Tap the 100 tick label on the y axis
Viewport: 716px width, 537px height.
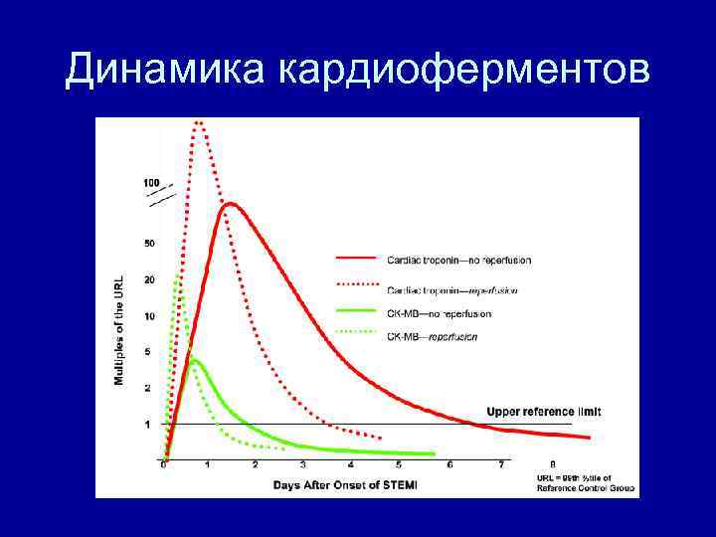(151, 183)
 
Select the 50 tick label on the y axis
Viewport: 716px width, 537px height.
(149, 244)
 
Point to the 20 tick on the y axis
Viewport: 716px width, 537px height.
(149, 280)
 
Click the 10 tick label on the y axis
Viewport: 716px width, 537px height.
(149, 316)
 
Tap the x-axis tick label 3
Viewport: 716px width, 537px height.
(303, 464)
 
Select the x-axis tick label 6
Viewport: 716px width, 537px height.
(449, 464)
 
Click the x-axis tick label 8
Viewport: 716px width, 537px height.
(553, 464)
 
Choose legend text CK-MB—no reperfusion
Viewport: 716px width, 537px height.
(439, 314)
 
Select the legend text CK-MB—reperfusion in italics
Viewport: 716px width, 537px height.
(432, 336)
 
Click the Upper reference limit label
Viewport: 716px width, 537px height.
(543, 411)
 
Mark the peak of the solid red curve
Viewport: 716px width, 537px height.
(230, 204)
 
